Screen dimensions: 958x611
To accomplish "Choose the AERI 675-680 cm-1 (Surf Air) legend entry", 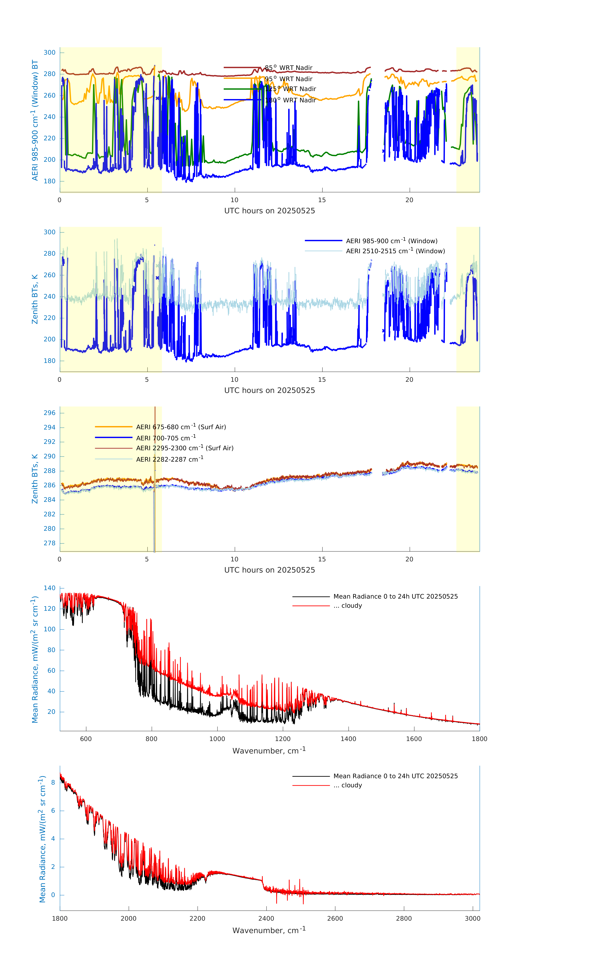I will pos(181,427).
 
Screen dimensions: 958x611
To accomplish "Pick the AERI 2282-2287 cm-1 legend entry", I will pos(170,459).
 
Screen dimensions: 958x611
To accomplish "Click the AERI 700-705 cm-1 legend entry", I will pos(166,438).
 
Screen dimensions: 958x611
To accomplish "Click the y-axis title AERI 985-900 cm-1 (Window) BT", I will pos(35,120).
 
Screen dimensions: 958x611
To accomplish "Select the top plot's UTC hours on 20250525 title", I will pos(269,211).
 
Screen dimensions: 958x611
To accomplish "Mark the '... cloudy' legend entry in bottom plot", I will pos(347,785).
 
